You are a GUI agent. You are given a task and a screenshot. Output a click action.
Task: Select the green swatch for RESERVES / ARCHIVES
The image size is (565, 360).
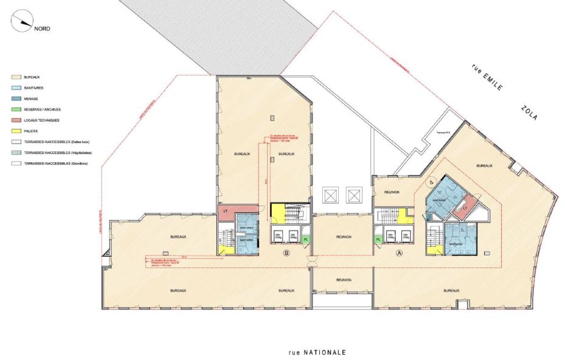(15, 109)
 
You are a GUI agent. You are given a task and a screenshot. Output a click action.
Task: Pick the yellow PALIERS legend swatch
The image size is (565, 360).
(15, 131)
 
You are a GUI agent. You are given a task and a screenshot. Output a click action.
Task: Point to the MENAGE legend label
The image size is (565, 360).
(31, 99)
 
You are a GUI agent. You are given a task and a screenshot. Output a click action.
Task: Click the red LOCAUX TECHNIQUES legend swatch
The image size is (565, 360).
(15, 120)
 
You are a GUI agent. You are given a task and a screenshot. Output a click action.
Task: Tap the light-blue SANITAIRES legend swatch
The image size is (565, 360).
(15, 88)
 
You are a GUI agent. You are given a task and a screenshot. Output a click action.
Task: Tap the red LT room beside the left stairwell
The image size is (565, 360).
(225, 210)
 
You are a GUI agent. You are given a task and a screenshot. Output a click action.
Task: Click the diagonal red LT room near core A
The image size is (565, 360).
(465, 207)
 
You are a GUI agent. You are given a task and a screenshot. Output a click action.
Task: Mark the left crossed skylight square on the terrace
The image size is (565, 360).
(330, 195)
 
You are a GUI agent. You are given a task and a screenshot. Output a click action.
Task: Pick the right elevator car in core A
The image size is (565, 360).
(404, 235)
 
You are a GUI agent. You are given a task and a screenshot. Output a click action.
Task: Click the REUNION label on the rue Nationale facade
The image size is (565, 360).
(343, 280)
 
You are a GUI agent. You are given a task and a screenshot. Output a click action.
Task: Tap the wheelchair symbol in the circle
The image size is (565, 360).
(431, 181)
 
